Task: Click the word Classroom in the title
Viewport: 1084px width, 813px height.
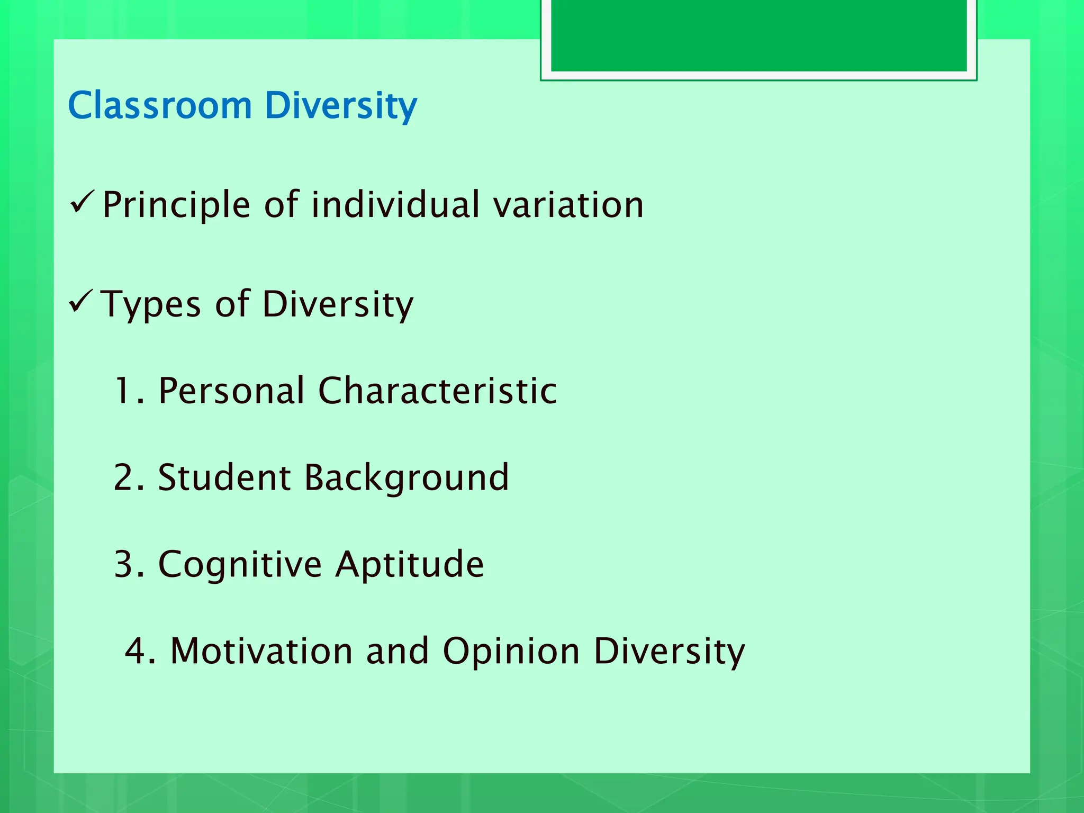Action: (x=160, y=105)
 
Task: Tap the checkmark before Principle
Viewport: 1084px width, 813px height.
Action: (x=82, y=203)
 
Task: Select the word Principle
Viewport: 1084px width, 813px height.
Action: (x=176, y=205)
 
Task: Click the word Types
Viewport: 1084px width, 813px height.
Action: (x=151, y=304)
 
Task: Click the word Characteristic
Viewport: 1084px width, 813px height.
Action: (x=437, y=391)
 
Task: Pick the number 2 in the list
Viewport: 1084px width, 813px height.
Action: (x=125, y=477)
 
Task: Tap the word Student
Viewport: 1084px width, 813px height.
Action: (x=224, y=477)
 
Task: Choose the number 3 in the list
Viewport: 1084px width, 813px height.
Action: (x=125, y=564)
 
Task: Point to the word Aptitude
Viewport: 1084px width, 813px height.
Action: (x=410, y=564)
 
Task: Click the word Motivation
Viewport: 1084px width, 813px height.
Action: (x=261, y=651)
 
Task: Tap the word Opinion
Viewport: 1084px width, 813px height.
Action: (x=511, y=652)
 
